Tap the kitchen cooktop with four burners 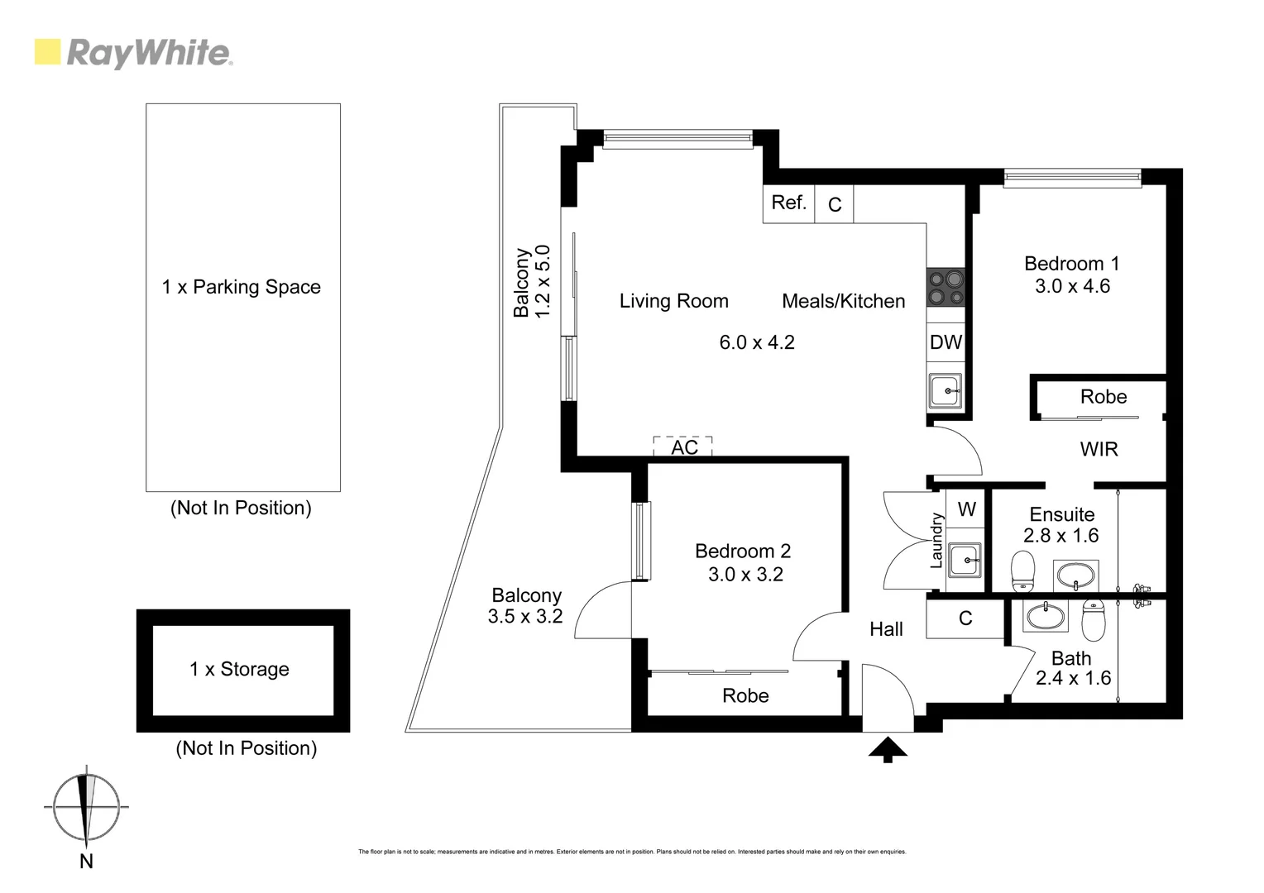pyautogui.click(x=946, y=288)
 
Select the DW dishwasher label pyautogui.click(x=946, y=342)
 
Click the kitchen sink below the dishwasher pyautogui.click(x=945, y=390)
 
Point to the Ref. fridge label pyautogui.click(x=788, y=203)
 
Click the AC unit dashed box pyautogui.click(x=683, y=446)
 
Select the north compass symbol pyautogui.click(x=86, y=807)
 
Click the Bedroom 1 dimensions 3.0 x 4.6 pyautogui.click(x=1072, y=286)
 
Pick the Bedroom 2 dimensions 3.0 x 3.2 pyautogui.click(x=745, y=574)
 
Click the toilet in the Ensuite pyautogui.click(x=1023, y=571)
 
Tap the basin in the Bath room pyautogui.click(x=1046, y=615)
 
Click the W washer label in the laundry pyautogui.click(x=966, y=509)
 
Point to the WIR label pyautogui.click(x=1099, y=449)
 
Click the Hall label pyautogui.click(x=886, y=629)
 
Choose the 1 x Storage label pyautogui.click(x=239, y=669)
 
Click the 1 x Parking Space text pyautogui.click(x=241, y=287)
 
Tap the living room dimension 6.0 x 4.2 pyautogui.click(x=756, y=342)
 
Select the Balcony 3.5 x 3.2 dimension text pyautogui.click(x=525, y=616)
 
